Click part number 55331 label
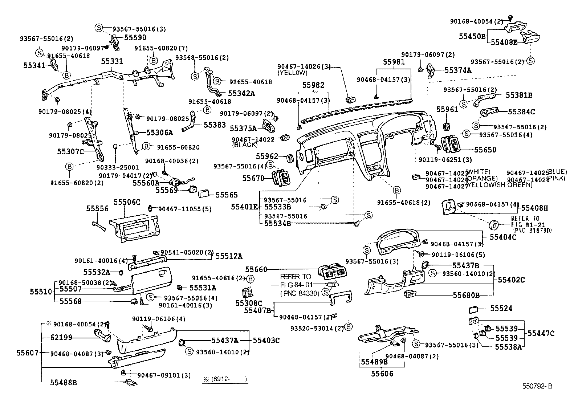[x=112, y=62]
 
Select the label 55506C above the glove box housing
[x=127, y=202]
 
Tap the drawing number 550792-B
[x=537, y=386]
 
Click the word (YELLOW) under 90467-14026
[x=292, y=73]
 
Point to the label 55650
[x=485, y=150]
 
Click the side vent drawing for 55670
[x=283, y=178]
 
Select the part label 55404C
[x=503, y=237]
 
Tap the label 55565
[x=227, y=195]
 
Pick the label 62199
[x=61, y=338]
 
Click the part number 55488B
[x=64, y=382]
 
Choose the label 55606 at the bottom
[x=382, y=374]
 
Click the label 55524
[x=501, y=309]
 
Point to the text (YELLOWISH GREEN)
[x=499, y=185]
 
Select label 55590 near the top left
[x=135, y=37]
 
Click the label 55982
[x=313, y=85]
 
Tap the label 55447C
[x=541, y=333]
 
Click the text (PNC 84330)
[x=300, y=293]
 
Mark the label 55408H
[x=534, y=208]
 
